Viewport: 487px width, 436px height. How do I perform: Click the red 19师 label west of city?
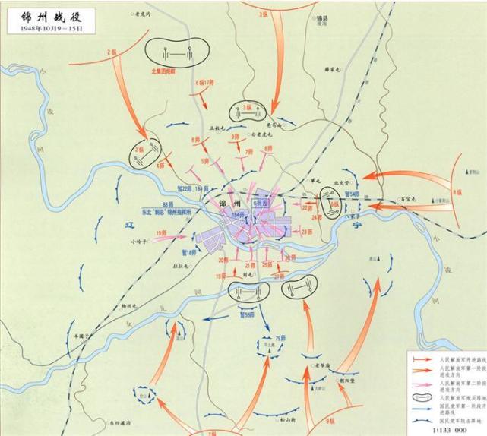pos(161,232)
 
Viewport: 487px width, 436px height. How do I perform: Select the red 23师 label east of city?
pos(306,232)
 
